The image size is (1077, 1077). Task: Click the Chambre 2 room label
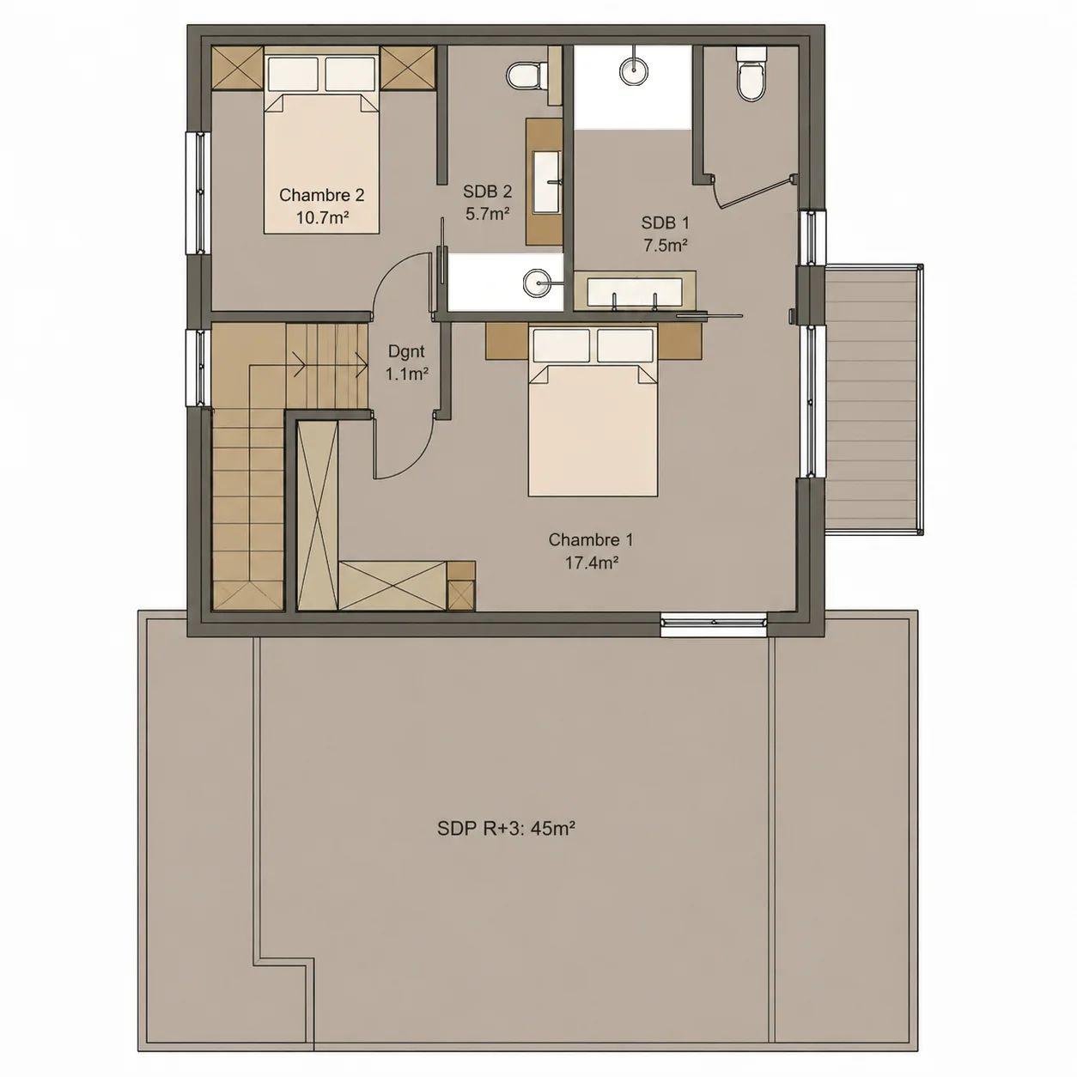(321, 195)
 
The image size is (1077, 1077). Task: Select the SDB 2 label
(487, 192)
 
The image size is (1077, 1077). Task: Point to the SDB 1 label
(665, 222)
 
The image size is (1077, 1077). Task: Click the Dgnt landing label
(406, 351)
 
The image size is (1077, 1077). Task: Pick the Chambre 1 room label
(591, 540)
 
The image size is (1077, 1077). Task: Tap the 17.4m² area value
(591, 563)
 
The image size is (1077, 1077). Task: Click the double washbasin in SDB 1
(635, 291)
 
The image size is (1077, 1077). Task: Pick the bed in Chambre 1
(593, 411)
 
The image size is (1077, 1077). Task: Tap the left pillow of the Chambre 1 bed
(562, 345)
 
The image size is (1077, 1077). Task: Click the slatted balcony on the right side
(873, 399)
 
